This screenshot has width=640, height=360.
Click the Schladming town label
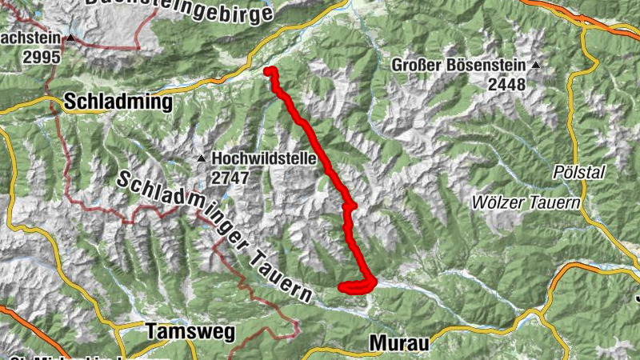pyautogui.click(x=118, y=102)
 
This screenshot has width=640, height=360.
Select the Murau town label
pyautogui.click(x=399, y=342)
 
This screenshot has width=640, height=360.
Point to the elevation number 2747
pyautogui.click(x=231, y=178)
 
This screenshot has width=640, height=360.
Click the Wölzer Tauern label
pyautogui.click(x=526, y=203)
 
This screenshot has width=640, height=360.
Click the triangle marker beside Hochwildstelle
pyautogui.click(x=202, y=158)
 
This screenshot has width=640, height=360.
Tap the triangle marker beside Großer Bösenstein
pyautogui.click(x=536, y=65)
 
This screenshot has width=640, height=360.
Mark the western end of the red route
pyautogui.click(x=342, y=286)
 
